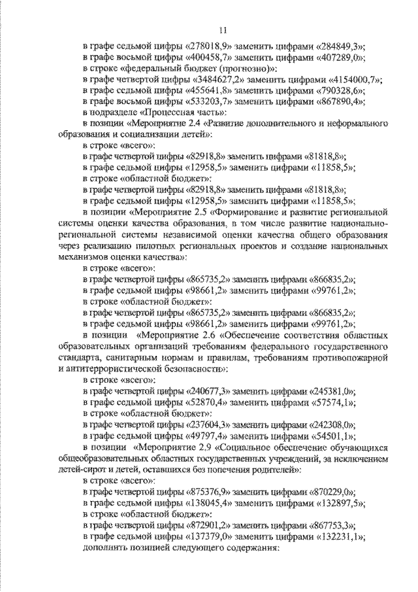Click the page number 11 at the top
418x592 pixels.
[x=222, y=29]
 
